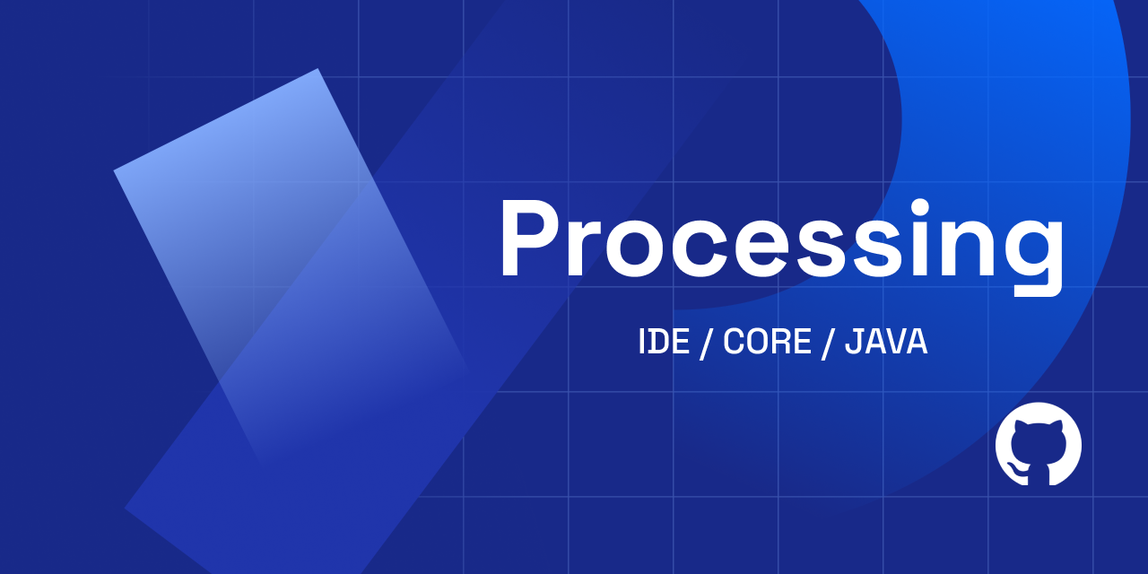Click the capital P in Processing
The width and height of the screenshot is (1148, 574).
click(529, 239)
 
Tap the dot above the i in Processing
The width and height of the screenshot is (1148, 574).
click(919, 207)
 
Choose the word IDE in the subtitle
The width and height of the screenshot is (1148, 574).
click(664, 342)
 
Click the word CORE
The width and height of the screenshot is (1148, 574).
click(767, 342)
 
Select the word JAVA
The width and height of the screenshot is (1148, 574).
click(886, 342)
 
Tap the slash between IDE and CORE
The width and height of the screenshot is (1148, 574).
click(706, 343)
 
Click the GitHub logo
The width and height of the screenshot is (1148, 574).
click(1039, 444)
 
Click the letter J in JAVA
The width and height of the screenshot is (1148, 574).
click(854, 342)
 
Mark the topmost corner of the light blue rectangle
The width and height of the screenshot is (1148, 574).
click(317, 69)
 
